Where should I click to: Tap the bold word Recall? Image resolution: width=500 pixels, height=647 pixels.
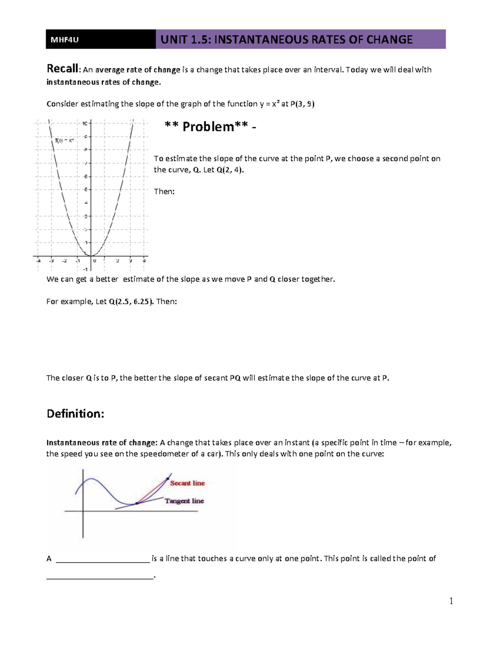(62, 68)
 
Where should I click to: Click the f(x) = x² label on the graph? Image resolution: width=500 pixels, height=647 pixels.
(65, 140)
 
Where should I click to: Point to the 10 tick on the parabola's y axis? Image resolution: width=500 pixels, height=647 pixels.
(85, 123)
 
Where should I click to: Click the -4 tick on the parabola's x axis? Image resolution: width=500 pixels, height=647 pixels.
(38, 261)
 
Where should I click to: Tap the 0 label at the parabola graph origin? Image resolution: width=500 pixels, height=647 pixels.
(95, 261)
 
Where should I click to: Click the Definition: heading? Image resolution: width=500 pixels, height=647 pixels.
(75, 414)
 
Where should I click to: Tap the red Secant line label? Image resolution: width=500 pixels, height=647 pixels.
(187, 483)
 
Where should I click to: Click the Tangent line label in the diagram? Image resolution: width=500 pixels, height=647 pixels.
(184, 501)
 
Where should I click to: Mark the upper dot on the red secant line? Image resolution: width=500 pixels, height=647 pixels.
(168, 479)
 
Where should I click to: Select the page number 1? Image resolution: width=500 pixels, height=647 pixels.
(451, 601)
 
